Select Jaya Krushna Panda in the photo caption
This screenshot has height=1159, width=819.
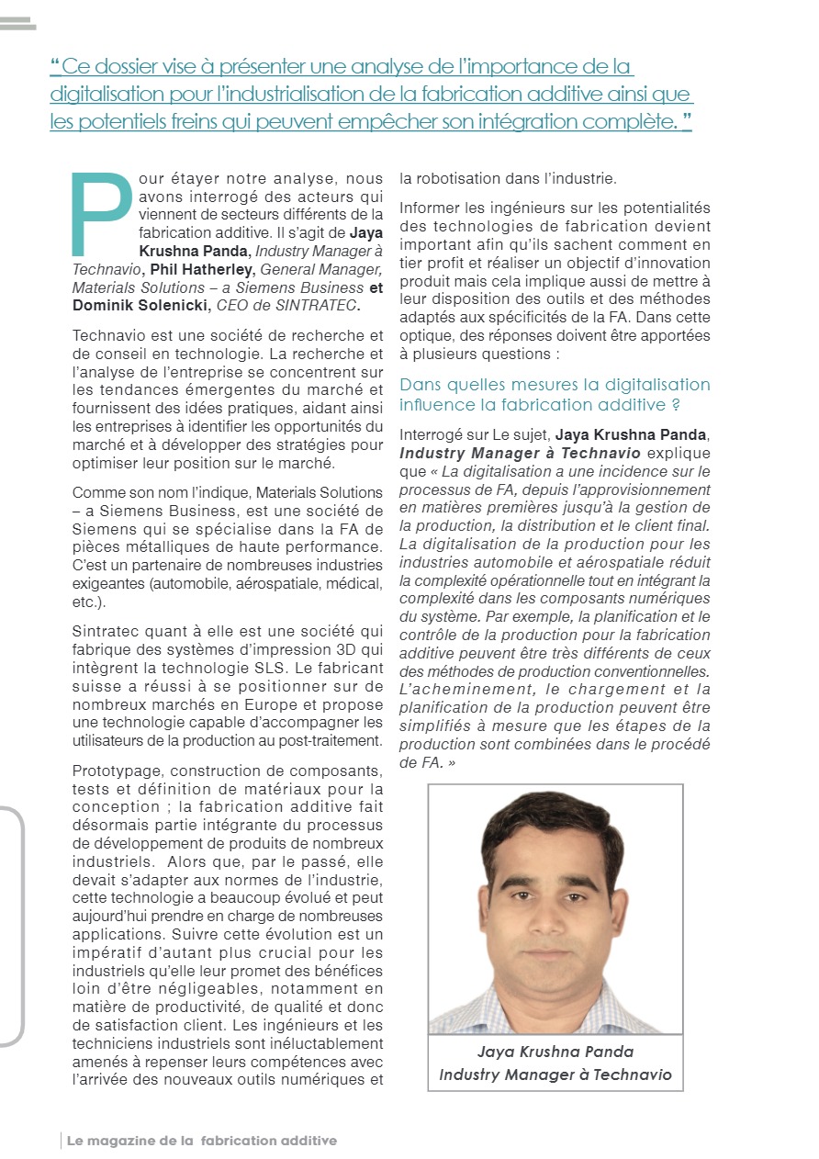point(555,1052)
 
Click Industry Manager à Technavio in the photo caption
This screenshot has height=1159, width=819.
point(555,1075)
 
